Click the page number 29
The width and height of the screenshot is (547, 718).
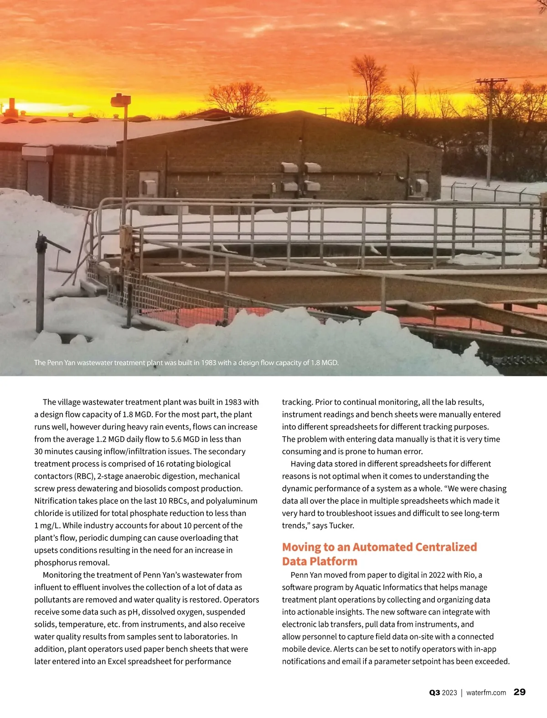519,692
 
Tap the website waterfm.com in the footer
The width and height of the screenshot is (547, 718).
486,692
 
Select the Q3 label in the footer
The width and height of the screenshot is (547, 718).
434,692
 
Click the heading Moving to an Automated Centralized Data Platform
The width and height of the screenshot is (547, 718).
379,554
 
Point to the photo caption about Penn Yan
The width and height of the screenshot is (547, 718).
186,363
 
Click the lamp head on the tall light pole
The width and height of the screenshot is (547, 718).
120,99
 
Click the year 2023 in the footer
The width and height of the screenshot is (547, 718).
449,692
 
